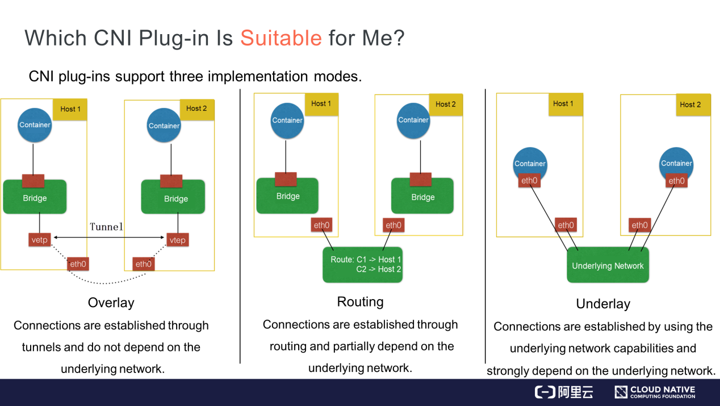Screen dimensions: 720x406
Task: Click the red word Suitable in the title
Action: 281,38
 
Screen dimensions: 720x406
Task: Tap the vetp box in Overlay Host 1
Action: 40,240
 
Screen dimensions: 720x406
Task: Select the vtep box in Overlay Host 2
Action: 177,240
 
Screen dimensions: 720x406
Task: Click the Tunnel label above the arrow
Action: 106,227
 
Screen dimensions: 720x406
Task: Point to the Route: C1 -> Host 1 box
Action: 363,264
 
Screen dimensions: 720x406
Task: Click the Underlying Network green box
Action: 608,265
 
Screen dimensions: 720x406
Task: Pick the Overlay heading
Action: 111,303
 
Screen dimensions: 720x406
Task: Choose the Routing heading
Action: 361,302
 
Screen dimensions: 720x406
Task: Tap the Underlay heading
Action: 603,304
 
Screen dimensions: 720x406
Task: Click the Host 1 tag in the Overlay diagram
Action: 70,109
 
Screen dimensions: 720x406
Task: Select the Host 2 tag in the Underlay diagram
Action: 693,105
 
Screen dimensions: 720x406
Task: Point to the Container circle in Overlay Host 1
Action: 35,125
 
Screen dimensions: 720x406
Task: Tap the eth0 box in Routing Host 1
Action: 321,225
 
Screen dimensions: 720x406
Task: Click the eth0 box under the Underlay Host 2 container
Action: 676,181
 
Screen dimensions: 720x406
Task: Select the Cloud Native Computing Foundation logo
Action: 655,392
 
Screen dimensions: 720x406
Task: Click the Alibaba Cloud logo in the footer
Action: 564,392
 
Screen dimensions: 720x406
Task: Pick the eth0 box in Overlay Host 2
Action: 143,264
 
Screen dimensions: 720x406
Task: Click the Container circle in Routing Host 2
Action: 413,121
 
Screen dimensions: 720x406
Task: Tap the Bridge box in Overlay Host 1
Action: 35,197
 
